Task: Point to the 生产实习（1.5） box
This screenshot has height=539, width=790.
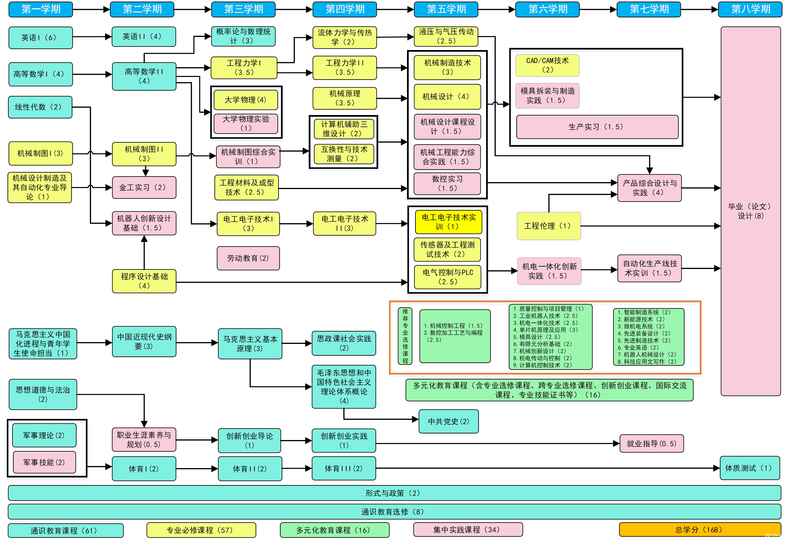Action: tap(597, 127)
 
